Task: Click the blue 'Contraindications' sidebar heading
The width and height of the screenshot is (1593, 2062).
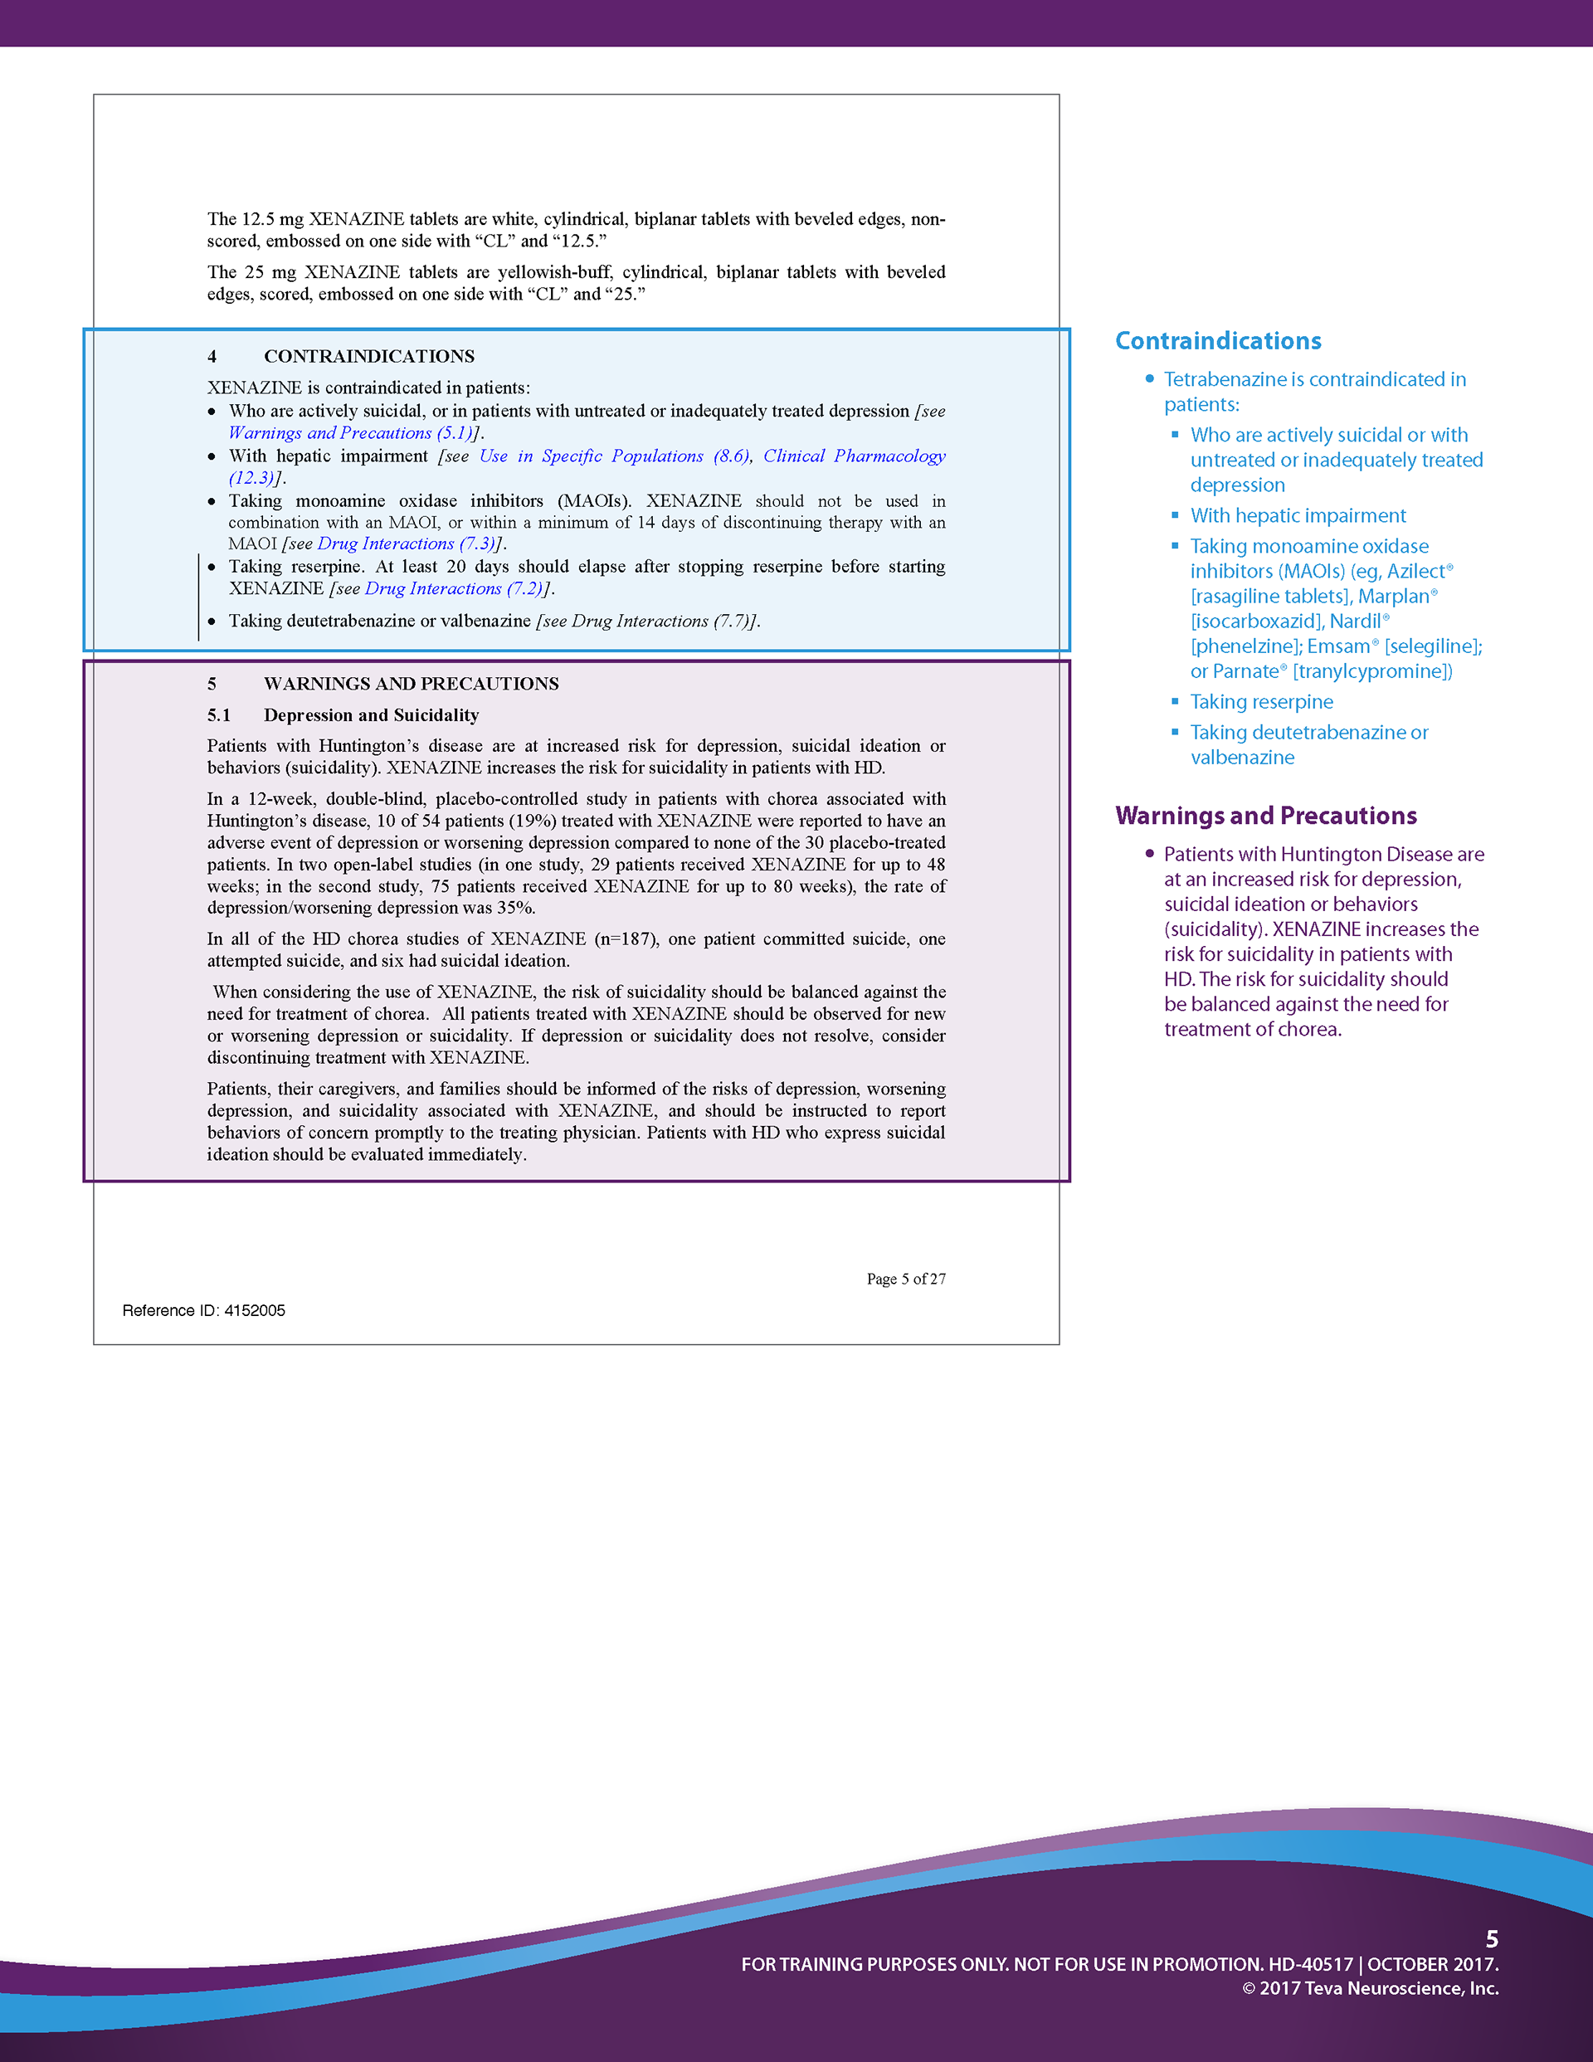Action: point(1217,341)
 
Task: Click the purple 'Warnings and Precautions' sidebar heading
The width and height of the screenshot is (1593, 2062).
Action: point(1265,816)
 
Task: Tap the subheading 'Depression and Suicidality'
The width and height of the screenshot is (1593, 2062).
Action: point(371,714)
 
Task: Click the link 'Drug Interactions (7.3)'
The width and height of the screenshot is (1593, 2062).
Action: point(405,544)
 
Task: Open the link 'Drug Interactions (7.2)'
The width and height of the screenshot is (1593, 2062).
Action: point(452,589)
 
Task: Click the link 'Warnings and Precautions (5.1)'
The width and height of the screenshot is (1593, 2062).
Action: point(349,433)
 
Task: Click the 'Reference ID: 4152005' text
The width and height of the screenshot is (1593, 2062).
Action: point(203,1310)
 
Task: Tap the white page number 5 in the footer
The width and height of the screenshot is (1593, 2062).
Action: point(1492,1939)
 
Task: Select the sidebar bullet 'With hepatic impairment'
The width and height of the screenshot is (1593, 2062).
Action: point(1298,515)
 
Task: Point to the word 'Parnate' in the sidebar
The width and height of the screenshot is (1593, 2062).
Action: point(1245,671)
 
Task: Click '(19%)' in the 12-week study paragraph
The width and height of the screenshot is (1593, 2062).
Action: point(532,821)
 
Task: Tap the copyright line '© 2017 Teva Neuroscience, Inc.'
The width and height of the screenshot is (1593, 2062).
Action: point(1370,1987)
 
